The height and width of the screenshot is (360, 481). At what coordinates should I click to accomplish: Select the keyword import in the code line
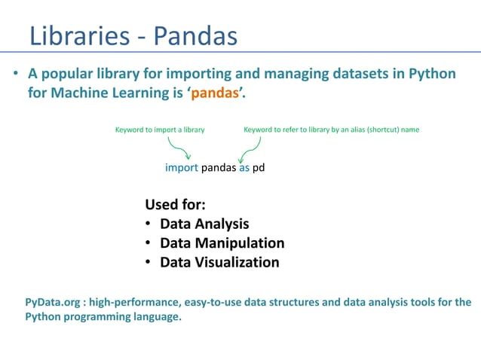coord(182,167)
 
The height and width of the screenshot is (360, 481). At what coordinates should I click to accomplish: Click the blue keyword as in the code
coord(244,167)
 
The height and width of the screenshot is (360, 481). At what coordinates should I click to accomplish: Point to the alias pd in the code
coord(259,167)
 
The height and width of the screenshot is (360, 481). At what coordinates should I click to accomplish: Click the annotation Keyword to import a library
coord(159,130)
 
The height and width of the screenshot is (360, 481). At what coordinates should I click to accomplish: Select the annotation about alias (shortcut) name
coord(331,130)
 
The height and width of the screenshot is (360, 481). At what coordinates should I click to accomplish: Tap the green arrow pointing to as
coord(240,148)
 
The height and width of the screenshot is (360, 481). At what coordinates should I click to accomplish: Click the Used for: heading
coord(175,205)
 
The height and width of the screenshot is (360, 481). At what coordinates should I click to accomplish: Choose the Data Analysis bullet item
coord(204,224)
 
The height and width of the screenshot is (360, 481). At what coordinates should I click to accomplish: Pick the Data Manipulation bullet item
coord(222,243)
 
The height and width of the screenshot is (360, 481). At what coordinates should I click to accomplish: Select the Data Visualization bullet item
coord(219,262)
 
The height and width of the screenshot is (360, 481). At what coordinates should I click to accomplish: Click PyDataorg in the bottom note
coord(53,302)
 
